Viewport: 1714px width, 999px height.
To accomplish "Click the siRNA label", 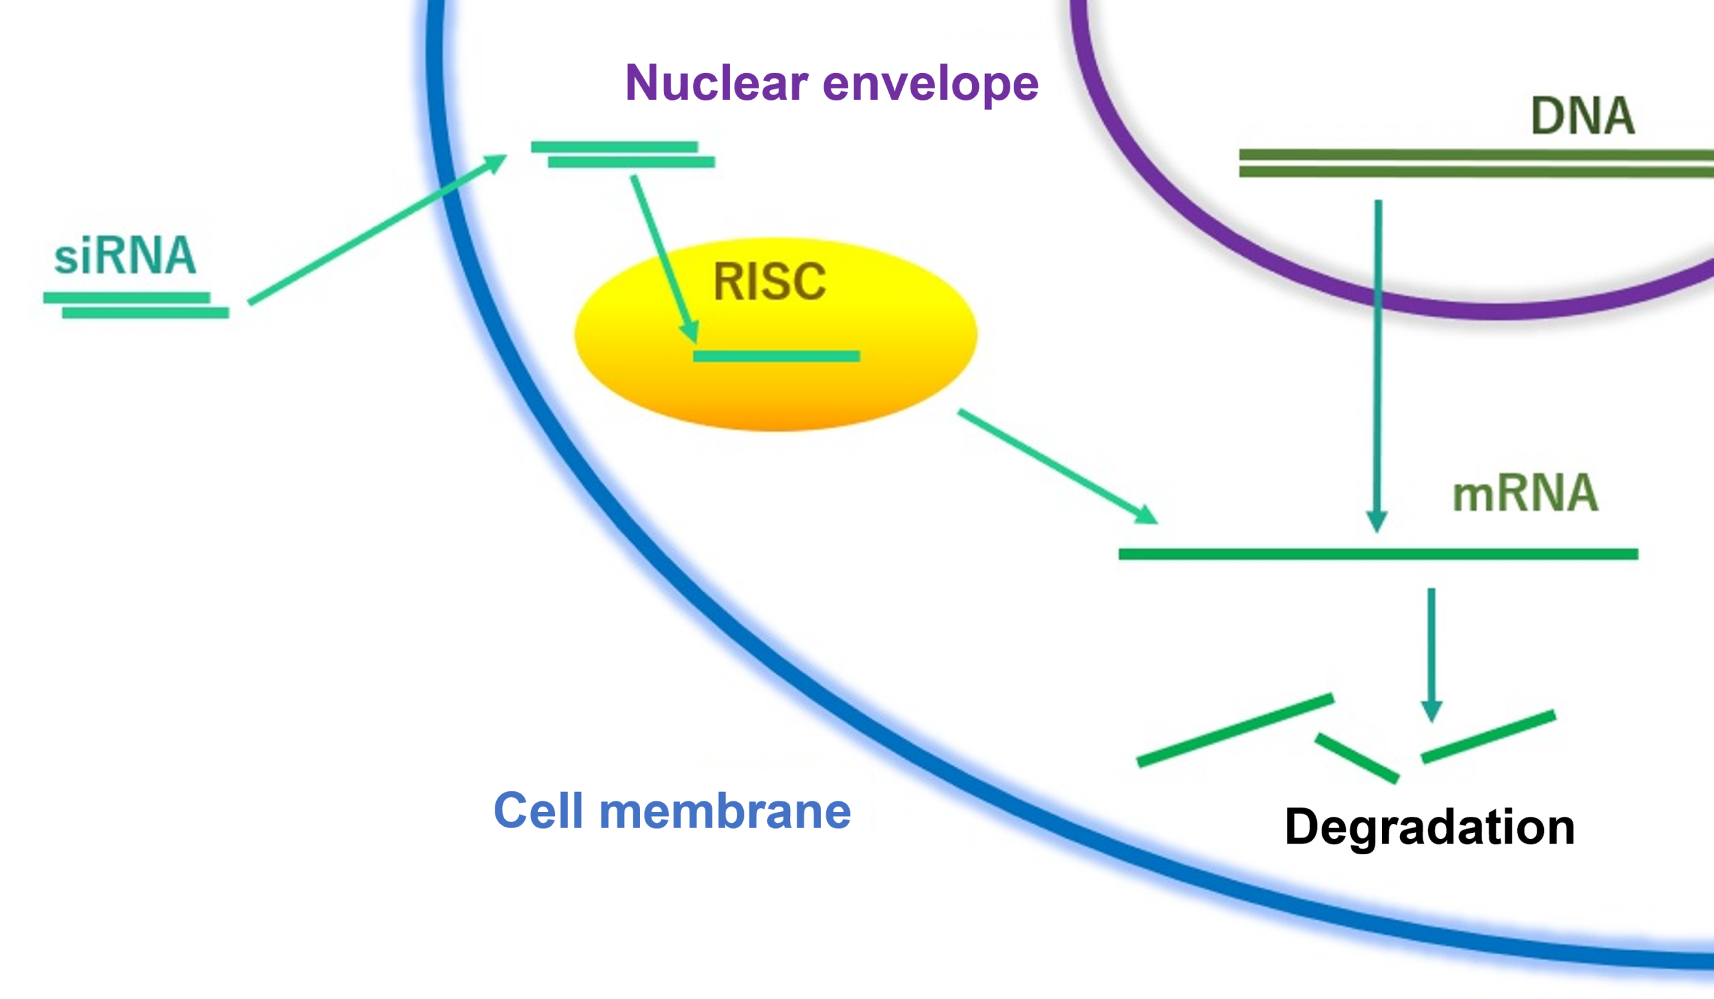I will coord(125,256).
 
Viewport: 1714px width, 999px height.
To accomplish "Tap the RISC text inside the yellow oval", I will coord(769,281).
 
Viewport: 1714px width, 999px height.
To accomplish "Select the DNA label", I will coord(1582,117).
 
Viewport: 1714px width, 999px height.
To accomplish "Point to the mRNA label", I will coord(1525,493).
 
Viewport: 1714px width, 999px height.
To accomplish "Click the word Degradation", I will coord(1429,827).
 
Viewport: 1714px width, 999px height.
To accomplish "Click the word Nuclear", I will coord(716,83).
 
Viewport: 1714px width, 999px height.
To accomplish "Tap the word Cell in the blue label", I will coord(538,811).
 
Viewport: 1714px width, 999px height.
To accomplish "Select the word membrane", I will coord(724,811).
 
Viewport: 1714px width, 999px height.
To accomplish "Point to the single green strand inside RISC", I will coord(776,356).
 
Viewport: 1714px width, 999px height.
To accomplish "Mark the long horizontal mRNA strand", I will coord(1378,555).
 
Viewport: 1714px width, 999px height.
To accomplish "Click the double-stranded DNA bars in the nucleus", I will coord(1476,163).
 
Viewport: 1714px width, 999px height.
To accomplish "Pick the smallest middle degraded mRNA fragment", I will coord(1356,757).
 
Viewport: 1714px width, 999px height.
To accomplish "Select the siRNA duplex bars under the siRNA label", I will coord(136,305).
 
